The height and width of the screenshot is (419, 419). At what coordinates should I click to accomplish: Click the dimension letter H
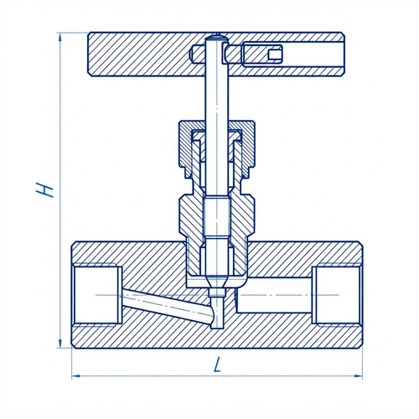coord(44,190)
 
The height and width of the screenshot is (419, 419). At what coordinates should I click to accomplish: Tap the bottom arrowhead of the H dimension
coord(59,344)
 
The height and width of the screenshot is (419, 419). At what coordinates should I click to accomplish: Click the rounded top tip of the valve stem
coord(217,37)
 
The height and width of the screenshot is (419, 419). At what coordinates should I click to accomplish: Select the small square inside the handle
coord(275,54)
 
